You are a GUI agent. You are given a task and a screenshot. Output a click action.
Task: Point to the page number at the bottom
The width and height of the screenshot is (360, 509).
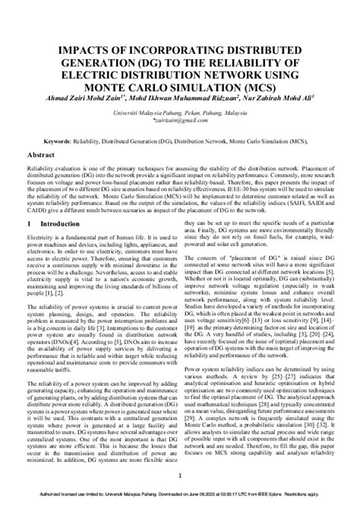(180, 476)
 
